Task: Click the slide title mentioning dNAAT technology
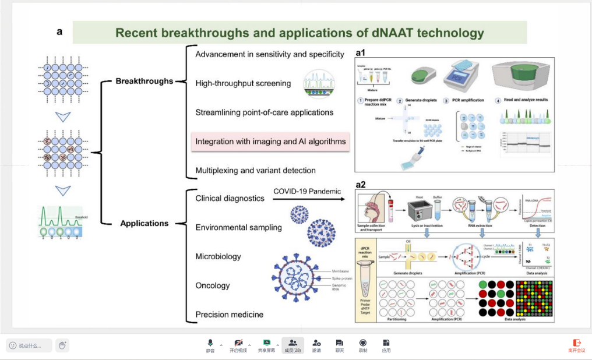point(299,33)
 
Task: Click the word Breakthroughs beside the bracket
point(144,81)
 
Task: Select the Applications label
point(144,223)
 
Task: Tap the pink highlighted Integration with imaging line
point(270,142)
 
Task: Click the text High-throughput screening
point(243,83)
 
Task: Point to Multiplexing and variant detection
point(255,171)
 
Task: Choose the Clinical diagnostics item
point(230,198)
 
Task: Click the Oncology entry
point(213,285)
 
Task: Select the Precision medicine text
point(229,315)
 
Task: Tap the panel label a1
point(361,52)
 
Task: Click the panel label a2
point(361,185)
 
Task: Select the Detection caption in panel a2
point(537,225)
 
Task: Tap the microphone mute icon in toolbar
point(210,343)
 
